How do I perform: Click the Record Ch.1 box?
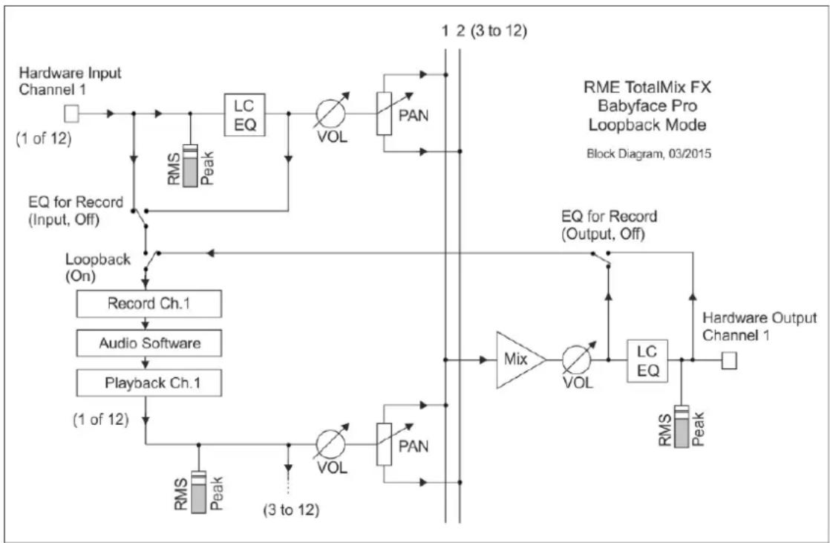coord(149,304)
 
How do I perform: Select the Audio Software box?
coord(149,342)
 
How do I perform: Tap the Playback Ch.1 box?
coord(149,383)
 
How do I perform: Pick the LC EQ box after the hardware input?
coord(244,114)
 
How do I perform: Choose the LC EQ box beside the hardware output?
coord(647,361)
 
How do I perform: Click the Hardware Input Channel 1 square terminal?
coord(71,114)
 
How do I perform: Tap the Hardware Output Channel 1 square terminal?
coord(729,361)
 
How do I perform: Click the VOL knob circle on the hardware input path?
coord(330,114)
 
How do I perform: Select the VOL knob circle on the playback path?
coord(330,444)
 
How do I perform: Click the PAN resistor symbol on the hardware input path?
coord(385,114)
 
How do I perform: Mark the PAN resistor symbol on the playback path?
coord(385,444)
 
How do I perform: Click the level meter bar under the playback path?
coord(198,492)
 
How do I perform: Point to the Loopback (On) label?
coord(98,267)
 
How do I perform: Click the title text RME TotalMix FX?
coord(647,88)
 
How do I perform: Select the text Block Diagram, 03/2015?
coord(648,155)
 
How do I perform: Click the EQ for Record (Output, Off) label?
coord(610,224)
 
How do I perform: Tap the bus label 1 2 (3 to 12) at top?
coord(484,30)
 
